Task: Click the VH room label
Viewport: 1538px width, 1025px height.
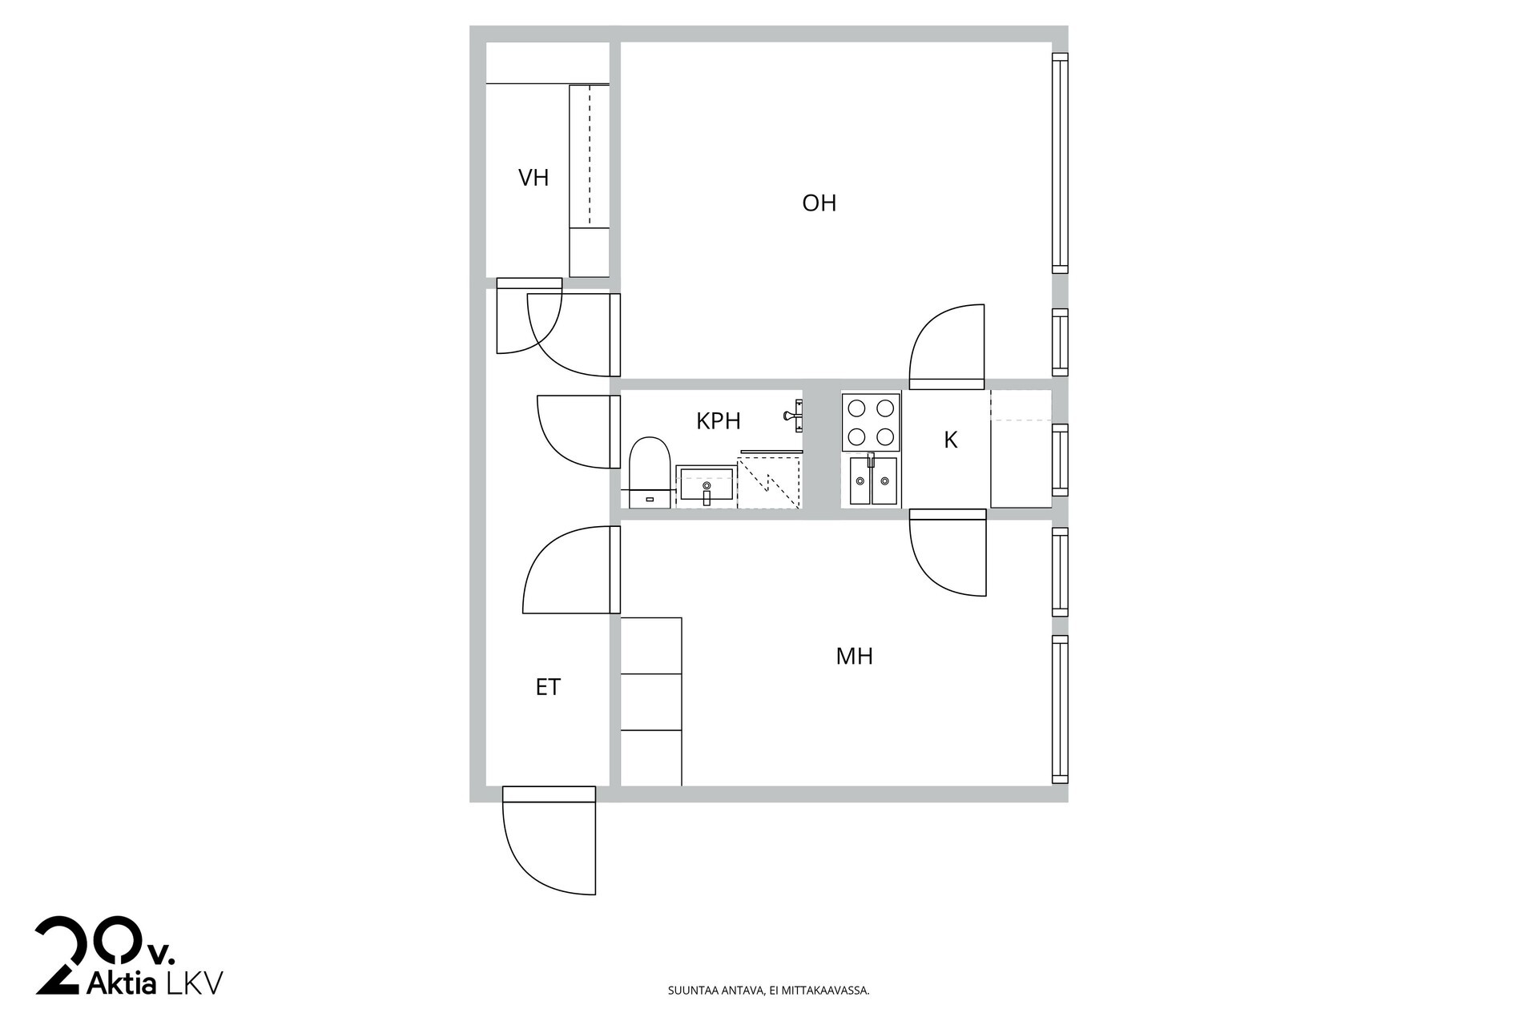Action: pyautogui.click(x=533, y=178)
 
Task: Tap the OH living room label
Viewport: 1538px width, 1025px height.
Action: pyautogui.click(x=819, y=203)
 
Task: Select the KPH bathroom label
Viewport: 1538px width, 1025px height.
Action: pyautogui.click(x=718, y=421)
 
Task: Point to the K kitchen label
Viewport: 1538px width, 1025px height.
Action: pyautogui.click(x=951, y=440)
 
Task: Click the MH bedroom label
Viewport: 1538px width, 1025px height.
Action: pyautogui.click(x=854, y=657)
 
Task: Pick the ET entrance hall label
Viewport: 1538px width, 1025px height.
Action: pyautogui.click(x=548, y=687)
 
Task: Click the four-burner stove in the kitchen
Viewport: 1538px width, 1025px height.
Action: pyautogui.click(x=871, y=422)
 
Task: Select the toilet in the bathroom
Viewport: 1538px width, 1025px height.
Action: pyautogui.click(x=650, y=472)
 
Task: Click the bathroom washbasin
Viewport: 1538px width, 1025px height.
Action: pyautogui.click(x=706, y=487)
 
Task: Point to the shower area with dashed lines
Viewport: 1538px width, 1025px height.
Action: pyautogui.click(x=769, y=480)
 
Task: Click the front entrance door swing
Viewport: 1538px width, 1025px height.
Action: pyautogui.click(x=550, y=841)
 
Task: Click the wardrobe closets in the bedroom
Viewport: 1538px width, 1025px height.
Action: pyautogui.click(x=651, y=701)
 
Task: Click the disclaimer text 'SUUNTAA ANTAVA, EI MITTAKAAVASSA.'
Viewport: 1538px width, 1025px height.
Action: pyautogui.click(x=769, y=991)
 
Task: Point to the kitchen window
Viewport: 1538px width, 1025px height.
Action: pyautogui.click(x=1060, y=460)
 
